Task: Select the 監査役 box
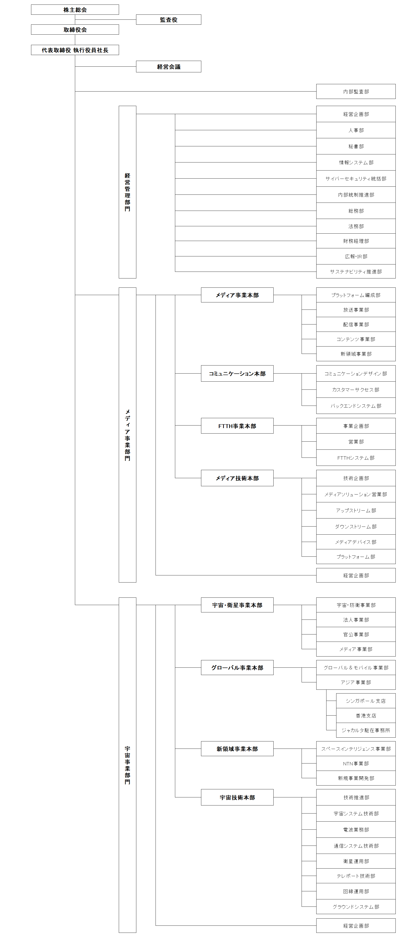click(x=169, y=20)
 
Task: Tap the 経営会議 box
click(x=169, y=67)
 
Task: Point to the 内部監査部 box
click(x=356, y=92)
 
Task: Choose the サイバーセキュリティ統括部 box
click(x=356, y=179)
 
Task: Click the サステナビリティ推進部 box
click(x=356, y=272)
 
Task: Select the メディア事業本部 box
click(x=237, y=295)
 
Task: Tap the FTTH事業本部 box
click(x=237, y=426)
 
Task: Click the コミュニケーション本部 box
click(x=237, y=374)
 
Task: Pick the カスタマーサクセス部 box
click(x=356, y=390)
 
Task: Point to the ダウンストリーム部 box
click(x=356, y=526)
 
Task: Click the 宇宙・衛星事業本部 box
click(x=237, y=605)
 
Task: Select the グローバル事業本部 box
click(x=237, y=667)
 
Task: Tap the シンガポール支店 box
click(x=366, y=701)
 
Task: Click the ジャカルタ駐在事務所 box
click(x=366, y=730)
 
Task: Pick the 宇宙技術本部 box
click(x=237, y=798)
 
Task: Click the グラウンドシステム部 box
click(x=356, y=907)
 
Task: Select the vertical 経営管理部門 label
click(x=128, y=192)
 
